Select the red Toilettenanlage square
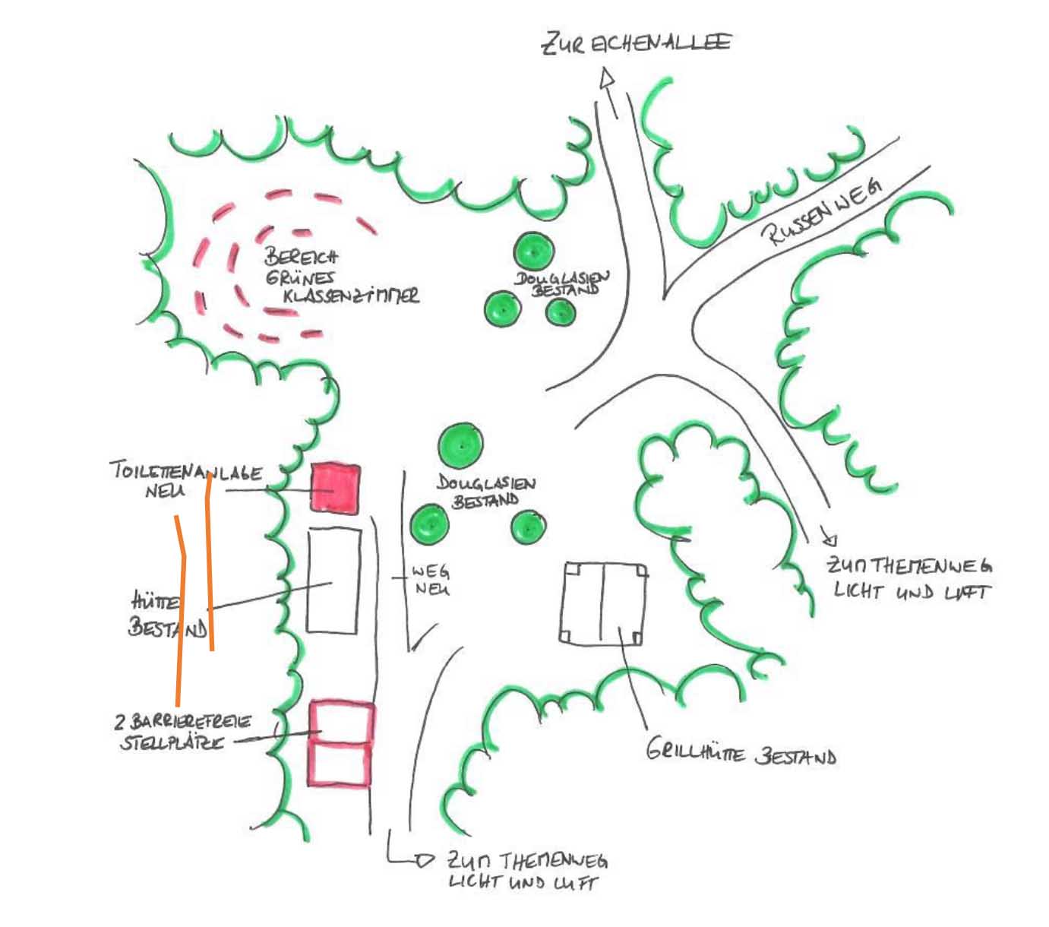coord(334,487)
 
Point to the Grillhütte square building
coord(604,604)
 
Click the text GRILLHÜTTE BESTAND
coord(741,755)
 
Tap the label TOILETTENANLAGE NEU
coord(185,479)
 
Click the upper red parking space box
coord(342,721)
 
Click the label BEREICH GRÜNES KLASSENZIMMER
coord(337,277)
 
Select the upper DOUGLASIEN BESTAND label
coord(562,283)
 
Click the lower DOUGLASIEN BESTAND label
coord(486,491)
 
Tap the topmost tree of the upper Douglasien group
coord(533,250)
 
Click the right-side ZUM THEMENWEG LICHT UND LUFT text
coord(908,578)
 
